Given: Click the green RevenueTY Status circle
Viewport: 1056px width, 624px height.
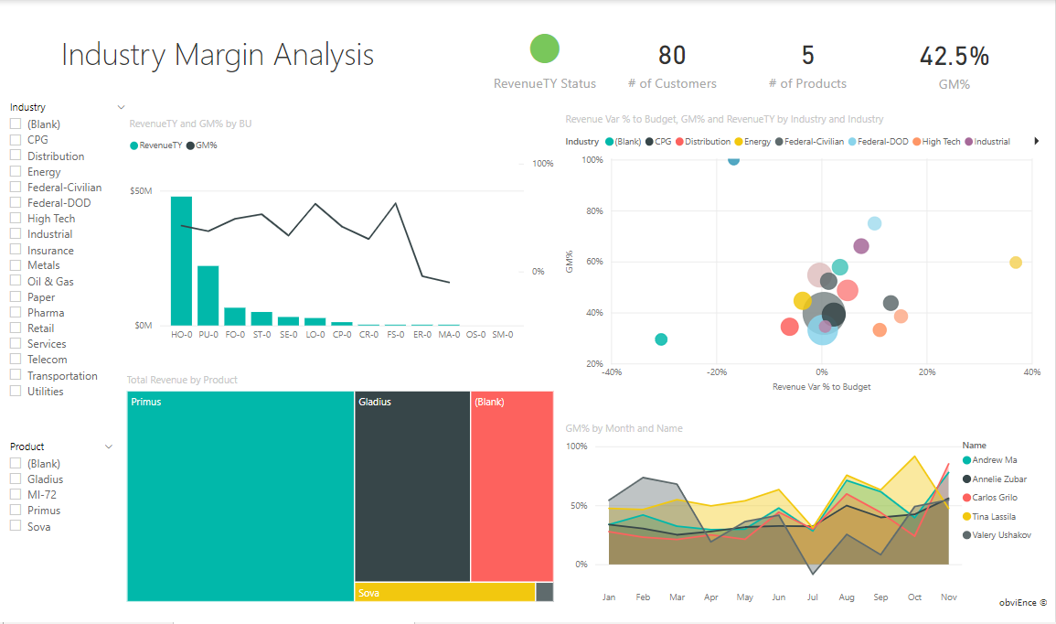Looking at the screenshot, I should pyautogui.click(x=545, y=48).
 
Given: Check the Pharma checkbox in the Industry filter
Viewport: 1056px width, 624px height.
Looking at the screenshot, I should pyautogui.click(x=16, y=313).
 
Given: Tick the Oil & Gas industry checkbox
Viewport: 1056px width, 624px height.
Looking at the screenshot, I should pyautogui.click(x=16, y=282).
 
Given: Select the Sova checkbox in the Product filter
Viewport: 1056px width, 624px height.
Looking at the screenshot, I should pyautogui.click(x=16, y=526).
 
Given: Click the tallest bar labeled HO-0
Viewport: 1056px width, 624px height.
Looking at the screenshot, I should pyautogui.click(x=181, y=261).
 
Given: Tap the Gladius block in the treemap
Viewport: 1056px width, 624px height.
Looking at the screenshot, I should pyautogui.click(x=412, y=486).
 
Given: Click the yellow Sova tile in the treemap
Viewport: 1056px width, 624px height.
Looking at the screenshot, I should pyautogui.click(x=444, y=592).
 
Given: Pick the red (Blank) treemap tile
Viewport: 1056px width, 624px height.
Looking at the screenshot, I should pyautogui.click(x=512, y=486).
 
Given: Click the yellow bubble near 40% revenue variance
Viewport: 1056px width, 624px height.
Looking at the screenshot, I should pyautogui.click(x=1015, y=263).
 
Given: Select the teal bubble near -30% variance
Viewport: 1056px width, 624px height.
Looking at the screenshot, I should pyautogui.click(x=661, y=339).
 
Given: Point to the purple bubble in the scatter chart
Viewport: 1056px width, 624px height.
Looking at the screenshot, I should pyautogui.click(x=860, y=246).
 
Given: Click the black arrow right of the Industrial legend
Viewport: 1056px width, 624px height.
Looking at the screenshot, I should pyautogui.click(x=1036, y=142).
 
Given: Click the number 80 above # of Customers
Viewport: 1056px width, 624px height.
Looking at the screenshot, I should pyautogui.click(x=672, y=56).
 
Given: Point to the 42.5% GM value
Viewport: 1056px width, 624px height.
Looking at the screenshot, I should pyautogui.click(x=954, y=56).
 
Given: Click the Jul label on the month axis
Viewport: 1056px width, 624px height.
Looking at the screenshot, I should pyautogui.click(x=813, y=597).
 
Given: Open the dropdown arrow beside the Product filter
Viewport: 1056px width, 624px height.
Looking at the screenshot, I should pyautogui.click(x=109, y=446).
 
